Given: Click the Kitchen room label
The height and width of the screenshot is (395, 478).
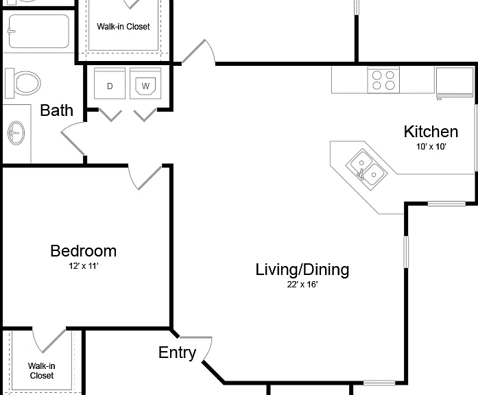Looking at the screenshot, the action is pyautogui.click(x=431, y=132).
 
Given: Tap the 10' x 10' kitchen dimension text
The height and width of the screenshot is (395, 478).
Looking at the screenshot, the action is pyautogui.click(x=431, y=147).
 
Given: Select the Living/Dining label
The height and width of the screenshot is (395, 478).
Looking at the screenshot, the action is pyautogui.click(x=302, y=270).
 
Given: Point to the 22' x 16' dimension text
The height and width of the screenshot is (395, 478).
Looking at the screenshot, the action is pyautogui.click(x=302, y=285).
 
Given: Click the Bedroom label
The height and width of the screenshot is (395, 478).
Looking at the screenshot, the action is pyautogui.click(x=83, y=251).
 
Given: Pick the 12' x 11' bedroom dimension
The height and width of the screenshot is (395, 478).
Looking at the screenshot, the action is pyautogui.click(x=83, y=266).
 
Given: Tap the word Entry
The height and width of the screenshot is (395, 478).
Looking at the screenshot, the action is pyautogui.click(x=177, y=353).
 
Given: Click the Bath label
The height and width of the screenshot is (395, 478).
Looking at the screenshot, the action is pyautogui.click(x=57, y=110).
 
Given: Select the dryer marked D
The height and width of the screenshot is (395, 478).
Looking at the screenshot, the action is pyautogui.click(x=110, y=83).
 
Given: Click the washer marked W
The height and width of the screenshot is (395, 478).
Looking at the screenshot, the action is pyautogui.click(x=145, y=83).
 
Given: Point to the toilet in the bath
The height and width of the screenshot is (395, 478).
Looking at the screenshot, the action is pyautogui.click(x=23, y=83).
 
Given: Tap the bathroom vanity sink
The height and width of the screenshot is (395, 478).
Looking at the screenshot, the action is pyautogui.click(x=16, y=133).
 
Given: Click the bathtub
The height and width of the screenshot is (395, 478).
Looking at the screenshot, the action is pyautogui.click(x=38, y=32).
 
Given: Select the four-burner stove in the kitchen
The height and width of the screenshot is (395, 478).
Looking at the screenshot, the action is pyautogui.click(x=383, y=80).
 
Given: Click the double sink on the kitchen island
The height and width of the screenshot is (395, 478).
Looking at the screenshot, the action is pyautogui.click(x=366, y=169).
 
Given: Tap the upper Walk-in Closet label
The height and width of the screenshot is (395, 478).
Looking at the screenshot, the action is pyautogui.click(x=123, y=27).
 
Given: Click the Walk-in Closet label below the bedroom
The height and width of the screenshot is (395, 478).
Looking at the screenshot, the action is pyautogui.click(x=41, y=370).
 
